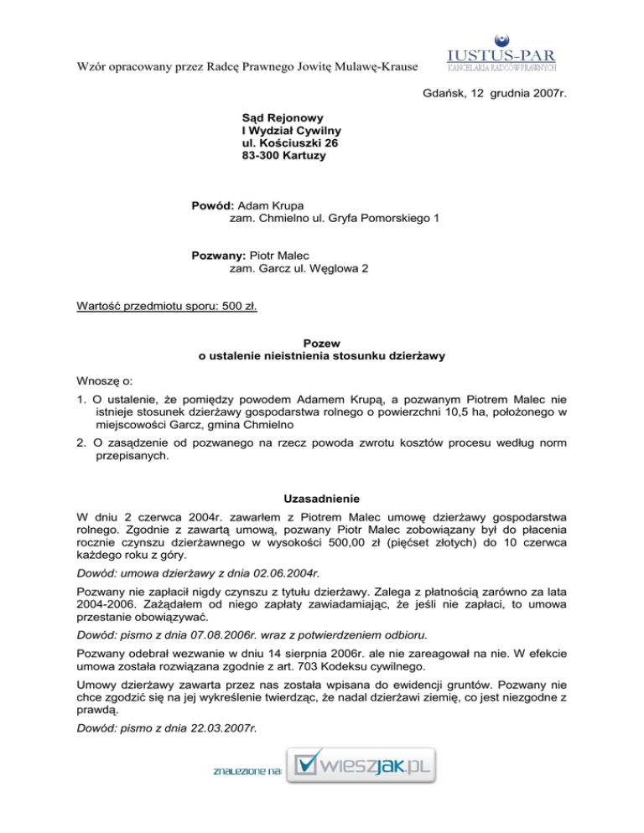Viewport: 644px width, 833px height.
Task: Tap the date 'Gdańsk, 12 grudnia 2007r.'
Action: [491, 96]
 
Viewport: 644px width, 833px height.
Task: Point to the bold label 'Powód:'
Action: [214, 205]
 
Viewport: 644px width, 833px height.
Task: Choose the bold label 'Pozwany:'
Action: [220, 256]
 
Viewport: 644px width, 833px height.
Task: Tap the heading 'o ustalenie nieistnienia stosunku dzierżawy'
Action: [322, 356]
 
